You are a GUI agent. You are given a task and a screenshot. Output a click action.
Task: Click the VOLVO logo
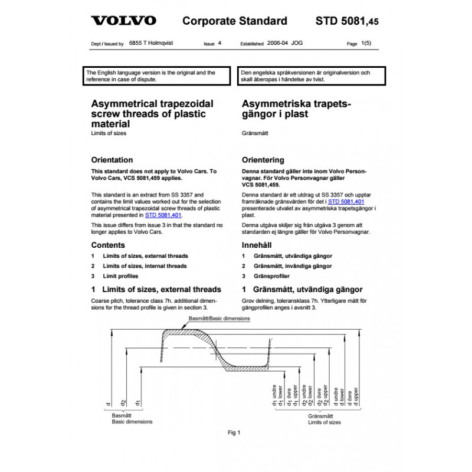pyautogui.click(x=123, y=21)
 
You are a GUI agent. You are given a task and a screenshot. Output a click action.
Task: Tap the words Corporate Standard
pyautogui.click(x=235, y=22)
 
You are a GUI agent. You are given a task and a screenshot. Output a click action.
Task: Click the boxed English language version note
pyautogui.click(x=158, y=76)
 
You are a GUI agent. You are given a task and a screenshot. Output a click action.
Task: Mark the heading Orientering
pyautogui.click(x=263, y=160)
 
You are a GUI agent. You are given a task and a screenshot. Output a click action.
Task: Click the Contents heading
pyautogui.click(x=108, y=245)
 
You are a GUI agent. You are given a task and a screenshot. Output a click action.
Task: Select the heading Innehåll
pyautogui.click(x=258, y=245)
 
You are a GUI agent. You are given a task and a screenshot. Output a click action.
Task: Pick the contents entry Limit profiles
pyautogui.click(x=123, y=276)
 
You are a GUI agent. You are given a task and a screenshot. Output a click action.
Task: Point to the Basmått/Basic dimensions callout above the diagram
pyautogui.click(x=219, y=319)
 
